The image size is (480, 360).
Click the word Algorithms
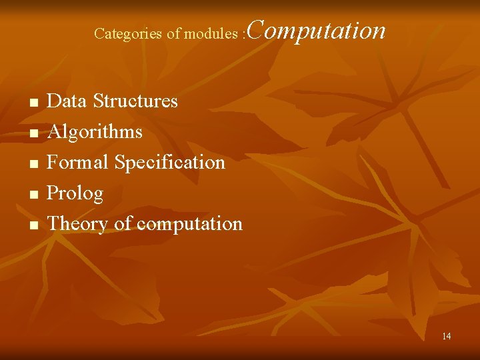pos(95,132)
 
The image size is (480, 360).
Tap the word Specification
pos(170,162)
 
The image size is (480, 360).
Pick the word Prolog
pos(75,193)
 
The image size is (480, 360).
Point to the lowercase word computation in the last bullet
pos(189,224)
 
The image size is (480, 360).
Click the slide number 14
pos(446,336)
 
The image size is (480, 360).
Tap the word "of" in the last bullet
pos(123,223)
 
